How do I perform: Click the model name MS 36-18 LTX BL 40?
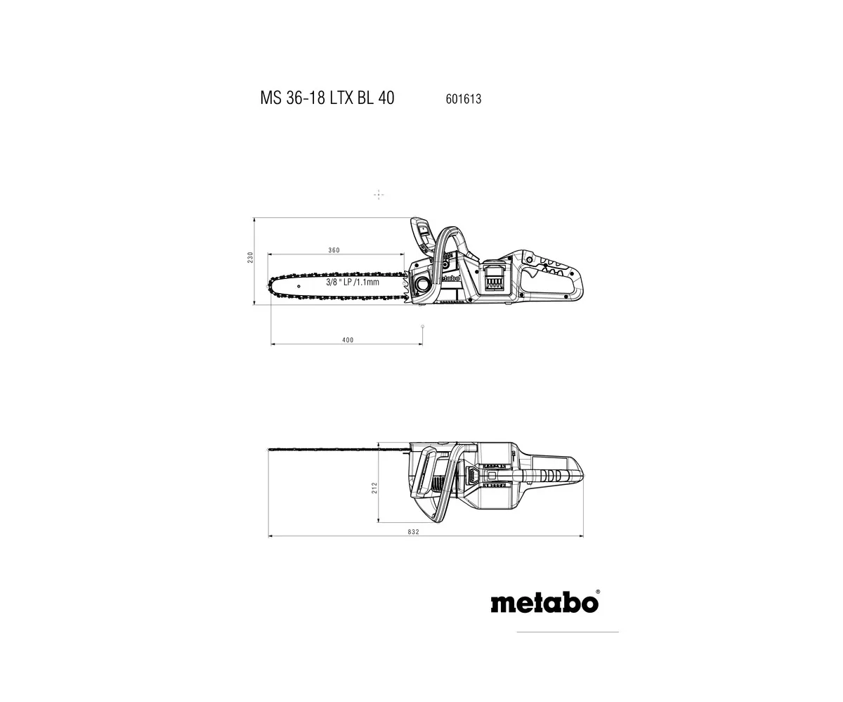(x=327, y=98)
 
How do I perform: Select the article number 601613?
(x=464, y=99)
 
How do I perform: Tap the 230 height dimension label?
(x=250, y=258)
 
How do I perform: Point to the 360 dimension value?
(x=334, y=250)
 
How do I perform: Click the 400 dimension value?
(x=348, y=340)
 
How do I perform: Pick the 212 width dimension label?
(x=374, y=488)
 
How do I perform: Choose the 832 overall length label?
(x=414, y=532)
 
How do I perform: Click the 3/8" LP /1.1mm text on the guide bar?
(x=353, y=282)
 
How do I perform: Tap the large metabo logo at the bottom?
(x=544, y=603)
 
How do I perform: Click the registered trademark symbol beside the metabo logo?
(x=598, y=592)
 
